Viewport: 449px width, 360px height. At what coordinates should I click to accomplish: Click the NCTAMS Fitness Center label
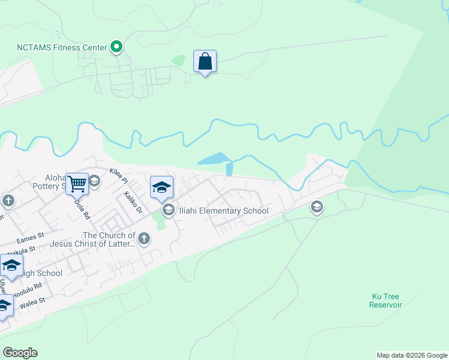pos(61,47)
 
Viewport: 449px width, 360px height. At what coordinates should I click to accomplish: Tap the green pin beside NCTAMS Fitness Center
pos(117,47)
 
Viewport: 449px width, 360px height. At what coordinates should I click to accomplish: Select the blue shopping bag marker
pos(205,61)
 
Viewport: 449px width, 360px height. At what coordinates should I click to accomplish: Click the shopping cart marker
pos(77,183)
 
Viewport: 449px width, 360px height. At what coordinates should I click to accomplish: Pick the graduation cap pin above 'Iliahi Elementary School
pos(161,187)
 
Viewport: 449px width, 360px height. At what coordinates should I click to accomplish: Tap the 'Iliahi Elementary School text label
pos(222,211)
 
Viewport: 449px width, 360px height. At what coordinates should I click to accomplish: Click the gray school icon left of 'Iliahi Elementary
pos(168,210)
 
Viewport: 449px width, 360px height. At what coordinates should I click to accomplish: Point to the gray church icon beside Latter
pos(143,239)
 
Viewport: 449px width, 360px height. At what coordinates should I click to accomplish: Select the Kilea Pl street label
pos(119,175)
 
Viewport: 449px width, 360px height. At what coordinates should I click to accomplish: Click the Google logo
pos(20,353)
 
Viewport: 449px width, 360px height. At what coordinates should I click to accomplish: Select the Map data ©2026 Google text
pos(412,355)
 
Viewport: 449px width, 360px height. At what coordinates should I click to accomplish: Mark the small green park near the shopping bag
pos(178,61)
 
